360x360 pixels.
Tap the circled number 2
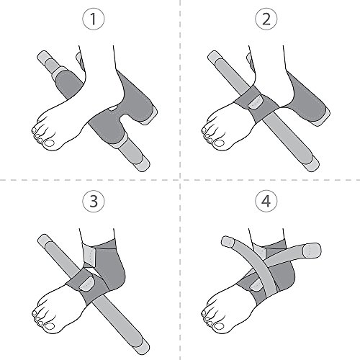point(271,20)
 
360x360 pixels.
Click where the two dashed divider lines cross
point(180,180)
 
